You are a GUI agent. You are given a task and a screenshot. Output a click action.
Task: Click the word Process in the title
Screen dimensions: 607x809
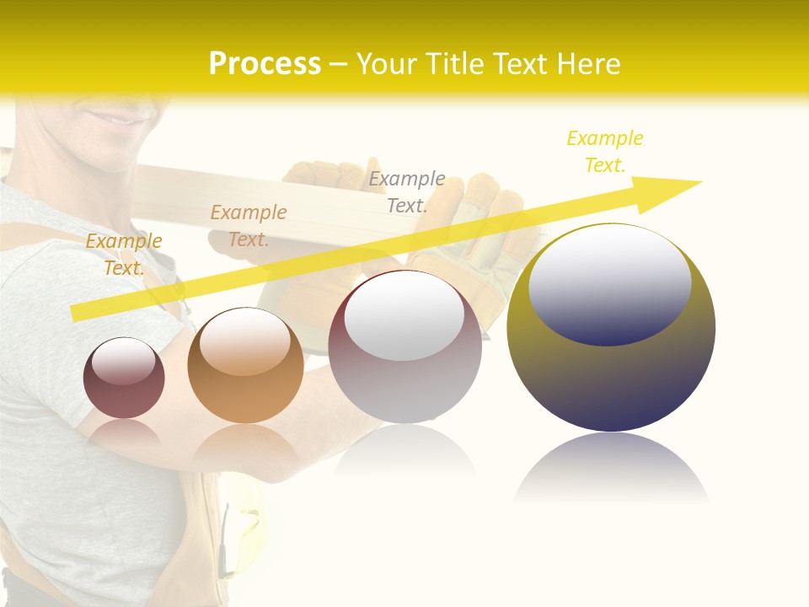[265, 64]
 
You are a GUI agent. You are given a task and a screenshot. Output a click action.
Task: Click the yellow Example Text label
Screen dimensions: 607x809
[605, 152]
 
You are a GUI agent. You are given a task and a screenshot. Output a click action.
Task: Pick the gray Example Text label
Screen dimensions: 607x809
[407, 191]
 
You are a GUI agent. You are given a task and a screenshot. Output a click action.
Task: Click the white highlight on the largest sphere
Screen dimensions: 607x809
[610, 282]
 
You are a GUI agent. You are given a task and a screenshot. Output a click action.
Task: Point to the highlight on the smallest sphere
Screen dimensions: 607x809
[124, 361]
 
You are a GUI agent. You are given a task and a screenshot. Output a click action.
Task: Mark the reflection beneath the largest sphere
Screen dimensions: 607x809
[611, 468]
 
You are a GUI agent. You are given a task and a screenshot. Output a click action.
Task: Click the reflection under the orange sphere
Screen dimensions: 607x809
[245, 443]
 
